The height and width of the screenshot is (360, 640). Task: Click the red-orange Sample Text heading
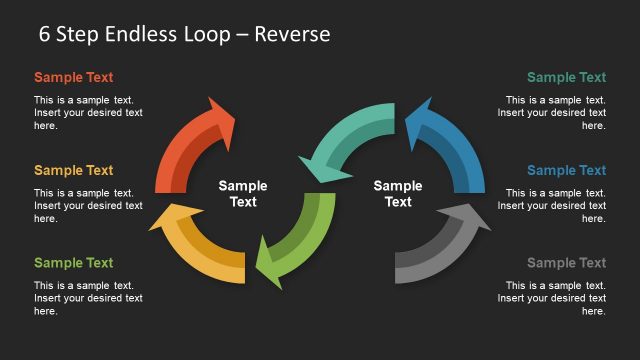pyautogui.click(x=73, y=77)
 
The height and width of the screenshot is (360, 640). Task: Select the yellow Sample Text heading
pyautogui.click(x=73, y=170)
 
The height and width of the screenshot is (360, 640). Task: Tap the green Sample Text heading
pyautogui.click(x=73, y=263)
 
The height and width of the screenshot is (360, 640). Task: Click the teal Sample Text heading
pyautogui.click(x=566, y=77)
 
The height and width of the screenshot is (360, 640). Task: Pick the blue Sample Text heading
pyautogui.click(x=566, y=170)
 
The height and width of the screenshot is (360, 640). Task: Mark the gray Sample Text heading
pyautogui.click(x=566, y=263)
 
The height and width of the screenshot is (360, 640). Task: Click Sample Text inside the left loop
pyautogui.click(x=243, y=193)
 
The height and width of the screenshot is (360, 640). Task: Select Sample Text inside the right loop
pyautogui.click(x=398, y=193)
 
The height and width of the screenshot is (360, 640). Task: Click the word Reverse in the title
pyautogui.click(x=292, y=34)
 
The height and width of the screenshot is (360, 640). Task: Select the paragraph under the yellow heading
pyautogui.click(x=88, y=205)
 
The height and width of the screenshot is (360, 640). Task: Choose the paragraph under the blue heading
pyautogui.click(x=551, y=205)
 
